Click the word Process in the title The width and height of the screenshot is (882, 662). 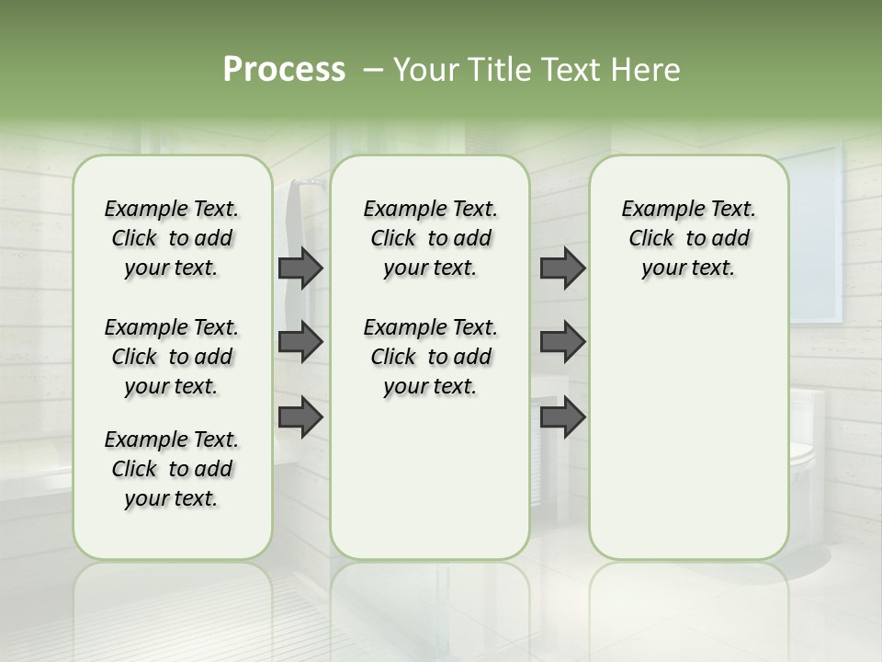tap(284, 70)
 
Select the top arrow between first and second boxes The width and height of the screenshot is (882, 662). tap(300, 268)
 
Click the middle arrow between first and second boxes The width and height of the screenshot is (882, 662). tap(300, 342)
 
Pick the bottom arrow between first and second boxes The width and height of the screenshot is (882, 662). tap(300, 417)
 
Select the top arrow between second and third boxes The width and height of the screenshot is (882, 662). tap(562, 268)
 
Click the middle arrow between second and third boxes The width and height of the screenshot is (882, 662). tap(562, 342)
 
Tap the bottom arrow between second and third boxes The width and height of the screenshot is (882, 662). tap(562, 417)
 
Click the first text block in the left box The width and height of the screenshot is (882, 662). tap(172, 238)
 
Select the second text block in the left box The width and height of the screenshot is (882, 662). tap(172, 357)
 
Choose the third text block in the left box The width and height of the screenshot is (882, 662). tap(172, 469)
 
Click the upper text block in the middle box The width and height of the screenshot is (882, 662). tap(430, 238)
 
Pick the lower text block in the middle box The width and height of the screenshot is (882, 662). tap(430, 357)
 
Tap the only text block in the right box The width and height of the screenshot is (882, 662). tap(688, 238)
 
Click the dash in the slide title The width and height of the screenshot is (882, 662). tap(373, 70)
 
